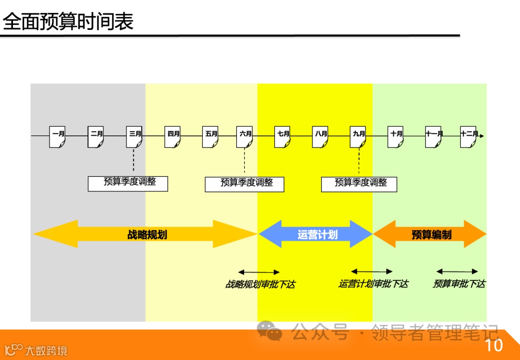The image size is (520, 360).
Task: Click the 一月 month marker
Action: (58, 136)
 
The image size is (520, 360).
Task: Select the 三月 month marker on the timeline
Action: (134, 136)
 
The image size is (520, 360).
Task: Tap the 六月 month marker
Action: (245, 136)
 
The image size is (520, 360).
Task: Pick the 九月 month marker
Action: (359, 136)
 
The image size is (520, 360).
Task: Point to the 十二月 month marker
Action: (468, 136)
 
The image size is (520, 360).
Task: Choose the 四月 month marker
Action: (173, 136)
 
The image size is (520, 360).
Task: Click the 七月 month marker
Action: (283, 136)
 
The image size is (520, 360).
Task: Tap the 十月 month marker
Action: (396, 136)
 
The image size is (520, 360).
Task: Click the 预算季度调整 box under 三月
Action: (128, 183)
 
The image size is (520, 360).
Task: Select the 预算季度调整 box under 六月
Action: (245, 184)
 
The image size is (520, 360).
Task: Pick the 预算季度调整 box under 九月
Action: (359, 184)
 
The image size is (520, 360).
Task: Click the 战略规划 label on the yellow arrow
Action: (147, 235)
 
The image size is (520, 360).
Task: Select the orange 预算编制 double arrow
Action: (430, 235)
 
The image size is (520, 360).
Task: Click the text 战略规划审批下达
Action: (260, 284)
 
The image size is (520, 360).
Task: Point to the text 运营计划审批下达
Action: (373, 284)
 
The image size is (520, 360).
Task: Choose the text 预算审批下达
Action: (459, 284)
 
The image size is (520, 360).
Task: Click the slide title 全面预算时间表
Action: (68, 22)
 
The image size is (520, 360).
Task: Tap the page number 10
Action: (494, 346)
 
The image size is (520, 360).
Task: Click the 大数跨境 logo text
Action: (46, 350)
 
